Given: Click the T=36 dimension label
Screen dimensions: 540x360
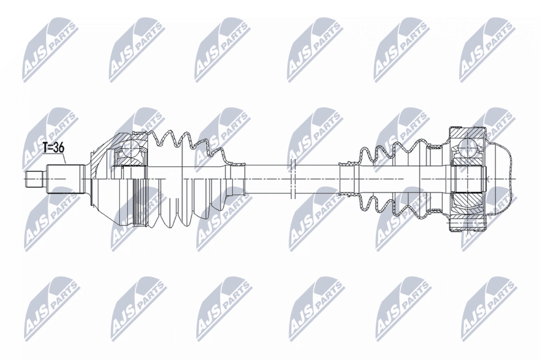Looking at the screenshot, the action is pyautogui.click(x=53, y=148).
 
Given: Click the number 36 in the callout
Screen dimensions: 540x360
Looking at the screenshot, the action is pyautogui.click(x=59, y=148).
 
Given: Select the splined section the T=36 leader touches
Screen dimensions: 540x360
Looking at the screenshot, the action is pyautogui.click(x=65, y=179).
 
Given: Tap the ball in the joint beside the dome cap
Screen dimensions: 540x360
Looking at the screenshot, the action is pyautogui.click(x=467, y=147).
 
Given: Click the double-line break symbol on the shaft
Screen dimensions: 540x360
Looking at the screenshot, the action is pyautogui.click(x=292, y=179).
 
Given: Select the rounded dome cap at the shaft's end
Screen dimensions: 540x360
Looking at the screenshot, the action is pyautogui.click(x=502, y=179).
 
